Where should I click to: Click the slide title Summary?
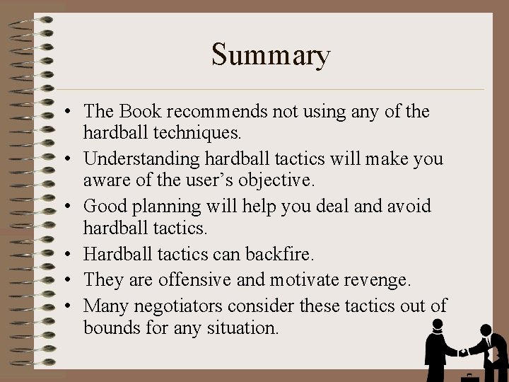[271, 55]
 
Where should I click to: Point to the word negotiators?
[175, 306]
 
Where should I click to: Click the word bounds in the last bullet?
[108, 328]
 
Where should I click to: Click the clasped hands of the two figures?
[462, 352]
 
